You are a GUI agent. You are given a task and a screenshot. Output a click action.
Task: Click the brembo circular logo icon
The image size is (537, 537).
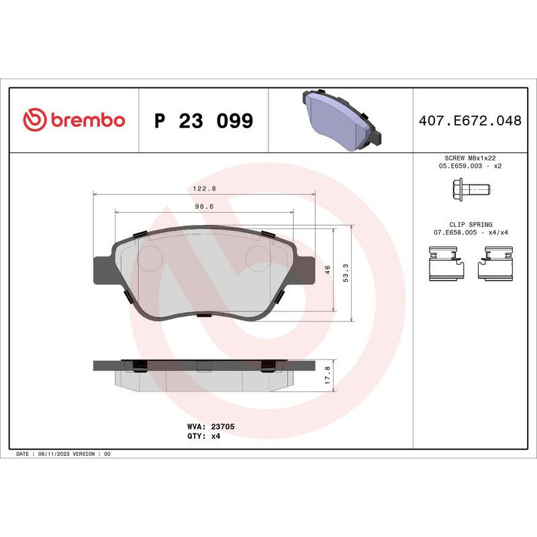click(x=34, y=120)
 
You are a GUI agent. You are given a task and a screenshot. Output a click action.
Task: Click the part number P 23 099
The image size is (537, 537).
click(x=203, y=121)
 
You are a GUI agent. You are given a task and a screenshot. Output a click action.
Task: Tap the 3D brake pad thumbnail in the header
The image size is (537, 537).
click(x=340, y=119)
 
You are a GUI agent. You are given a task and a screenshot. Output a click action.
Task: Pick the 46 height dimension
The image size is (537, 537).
click(x=328, y=270)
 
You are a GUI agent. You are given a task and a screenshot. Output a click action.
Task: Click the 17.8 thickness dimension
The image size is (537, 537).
click(x=328, y=373)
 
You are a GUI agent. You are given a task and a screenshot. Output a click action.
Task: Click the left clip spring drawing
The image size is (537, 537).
click(x=446, y=263)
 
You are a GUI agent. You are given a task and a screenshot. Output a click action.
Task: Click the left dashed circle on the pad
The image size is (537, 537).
click(x=152, y=256)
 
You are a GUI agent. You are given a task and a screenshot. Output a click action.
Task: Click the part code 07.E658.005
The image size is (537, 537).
click(x=453, y=232)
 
